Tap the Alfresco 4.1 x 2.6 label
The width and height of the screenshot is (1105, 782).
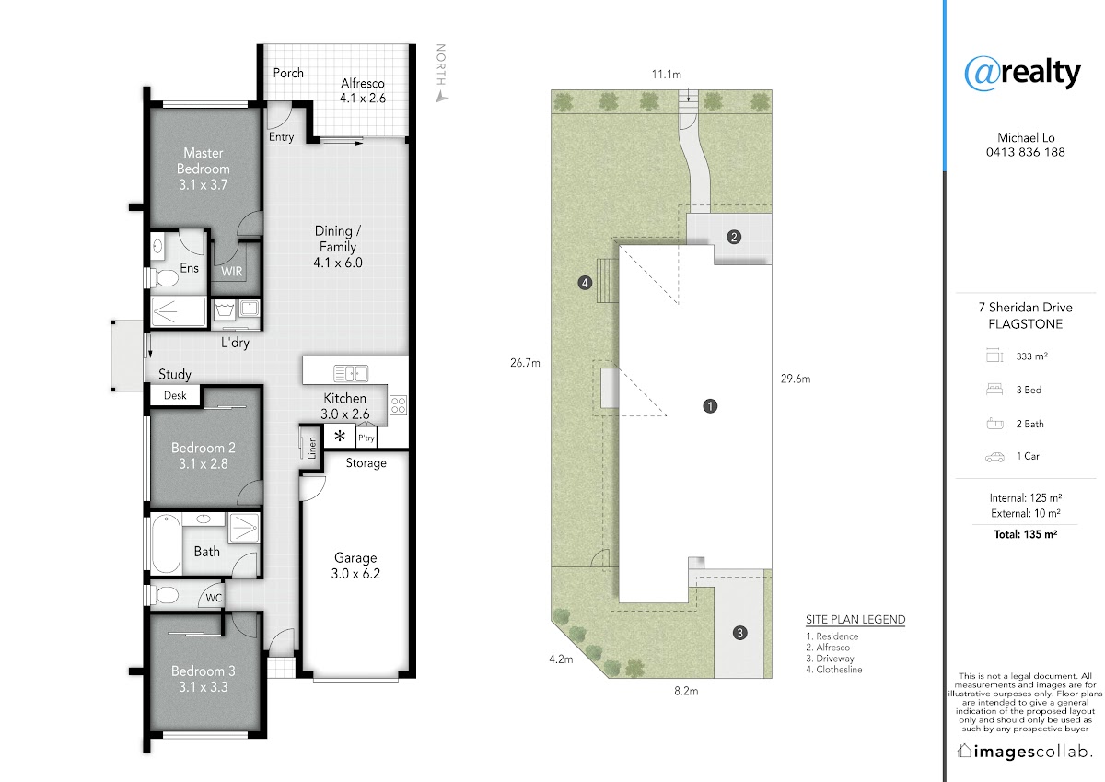tap(363, 91)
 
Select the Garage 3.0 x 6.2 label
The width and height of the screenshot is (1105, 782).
tap(355, 566)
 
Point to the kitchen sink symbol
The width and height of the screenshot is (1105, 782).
tap(351, 373)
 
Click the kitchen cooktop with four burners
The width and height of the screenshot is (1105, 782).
tap(398, 405)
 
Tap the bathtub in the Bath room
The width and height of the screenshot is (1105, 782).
tap(166, 543)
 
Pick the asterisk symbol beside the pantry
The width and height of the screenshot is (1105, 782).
tap(340, 436)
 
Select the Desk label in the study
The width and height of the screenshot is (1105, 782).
tap(175, 395)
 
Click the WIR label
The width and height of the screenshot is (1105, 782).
tap(231, 272)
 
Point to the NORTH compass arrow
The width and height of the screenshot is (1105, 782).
tap(441, 98)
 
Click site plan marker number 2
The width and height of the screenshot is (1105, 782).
tap(734, 238)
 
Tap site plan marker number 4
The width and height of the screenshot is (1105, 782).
tap(585, 283)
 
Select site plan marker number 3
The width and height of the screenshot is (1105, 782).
tap(739, 633)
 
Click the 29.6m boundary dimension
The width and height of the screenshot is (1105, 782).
tap(796, 379)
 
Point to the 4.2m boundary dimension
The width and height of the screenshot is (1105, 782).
tap(561, 659)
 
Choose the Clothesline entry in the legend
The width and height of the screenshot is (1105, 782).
tap(834, 670)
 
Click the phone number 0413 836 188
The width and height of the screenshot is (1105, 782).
tap(1026, 152)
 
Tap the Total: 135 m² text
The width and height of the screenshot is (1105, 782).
tap(1026, 534)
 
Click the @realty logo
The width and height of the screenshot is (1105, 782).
tap(1022, 73)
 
